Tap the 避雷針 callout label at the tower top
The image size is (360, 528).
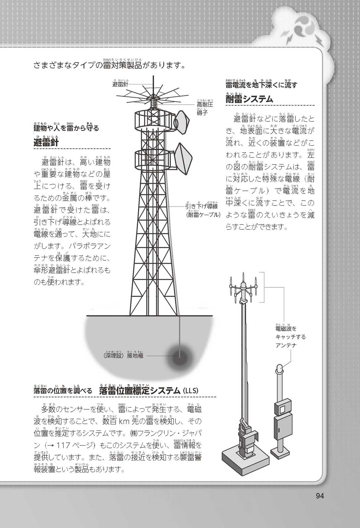120,83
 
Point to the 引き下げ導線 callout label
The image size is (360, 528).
202,206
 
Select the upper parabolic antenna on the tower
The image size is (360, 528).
182,121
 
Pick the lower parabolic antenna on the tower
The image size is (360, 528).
183,159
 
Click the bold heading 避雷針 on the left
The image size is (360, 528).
46,142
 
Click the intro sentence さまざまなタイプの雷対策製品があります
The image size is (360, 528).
109,65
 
